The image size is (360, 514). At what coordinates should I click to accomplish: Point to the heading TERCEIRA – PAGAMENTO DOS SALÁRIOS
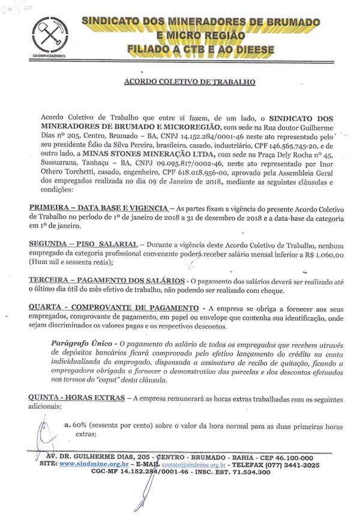(107, 282)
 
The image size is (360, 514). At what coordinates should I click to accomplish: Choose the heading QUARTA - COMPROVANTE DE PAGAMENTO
(115, 308)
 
